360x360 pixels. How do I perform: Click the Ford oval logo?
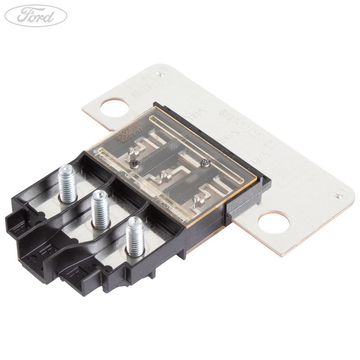[x=36, y=16]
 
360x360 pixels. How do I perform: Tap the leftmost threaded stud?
[x=67, y=182]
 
